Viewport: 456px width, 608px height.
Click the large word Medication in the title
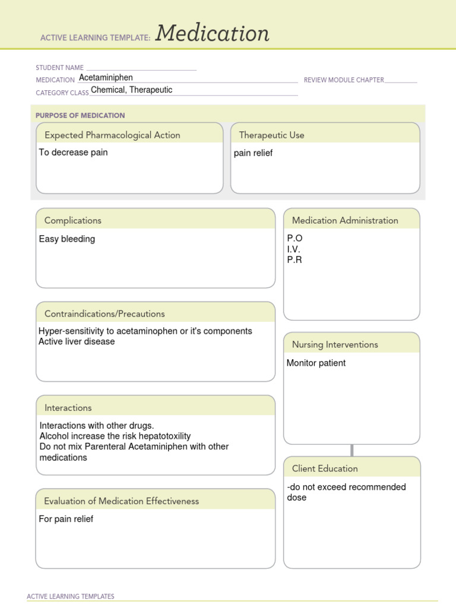click(x=212, y=34)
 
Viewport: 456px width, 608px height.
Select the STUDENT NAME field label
click(x=59, y=68)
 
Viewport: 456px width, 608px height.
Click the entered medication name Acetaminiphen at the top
click(x=106, y=78)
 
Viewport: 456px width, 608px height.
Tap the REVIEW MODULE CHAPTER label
click(x=344, y=80)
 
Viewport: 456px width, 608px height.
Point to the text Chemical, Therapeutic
click(x=131, y=90)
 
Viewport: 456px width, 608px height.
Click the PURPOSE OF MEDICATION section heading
click(x=80, y=115)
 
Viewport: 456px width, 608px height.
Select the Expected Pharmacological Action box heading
click(x=112, y=135)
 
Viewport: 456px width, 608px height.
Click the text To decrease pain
click(x=73, y=153)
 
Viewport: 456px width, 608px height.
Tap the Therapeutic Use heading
click(x=271, y=135)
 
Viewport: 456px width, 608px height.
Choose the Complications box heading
click(x=73, y=220)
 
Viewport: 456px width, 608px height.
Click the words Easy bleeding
click(x=67, y=239)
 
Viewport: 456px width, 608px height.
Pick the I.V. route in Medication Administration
click(x=294, y=249)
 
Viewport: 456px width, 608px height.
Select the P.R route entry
click(x=294, y=260)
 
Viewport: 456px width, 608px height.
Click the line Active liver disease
click(x=77, y=342)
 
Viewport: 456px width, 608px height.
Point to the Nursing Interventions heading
click(x=335, y=344)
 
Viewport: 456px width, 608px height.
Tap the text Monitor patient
click(x=316, y=363)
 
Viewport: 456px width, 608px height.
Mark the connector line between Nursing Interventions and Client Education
click(x=352, y=450)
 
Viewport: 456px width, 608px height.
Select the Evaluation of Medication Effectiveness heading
click(x=121, y=501)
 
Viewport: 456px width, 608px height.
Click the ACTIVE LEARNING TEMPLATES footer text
click(x=71, y=596)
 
